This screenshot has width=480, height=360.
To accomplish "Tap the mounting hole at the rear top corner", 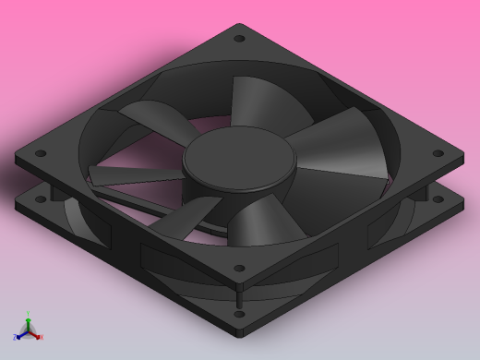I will tap(240, 39).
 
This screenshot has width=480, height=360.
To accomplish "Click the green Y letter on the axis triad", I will tap(29, 314).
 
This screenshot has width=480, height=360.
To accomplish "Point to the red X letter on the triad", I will tap(42, 337).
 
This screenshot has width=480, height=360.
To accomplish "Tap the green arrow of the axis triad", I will tap(29, 322).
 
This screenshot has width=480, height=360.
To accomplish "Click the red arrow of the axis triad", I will tap(36, 334).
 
